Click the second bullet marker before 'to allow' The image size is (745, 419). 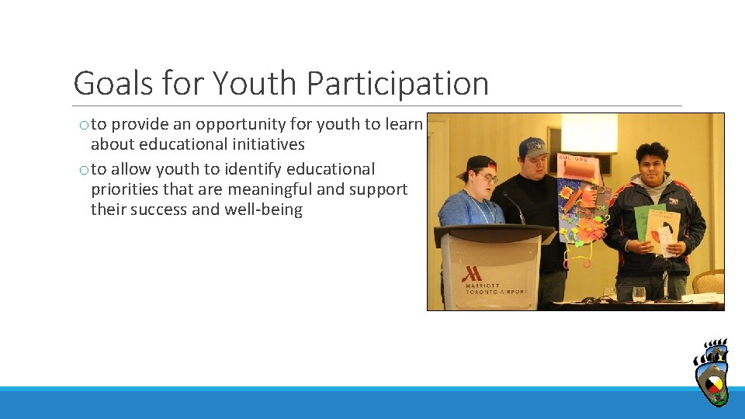[x=82, y=170]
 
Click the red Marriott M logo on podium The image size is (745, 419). [x=471, y=274]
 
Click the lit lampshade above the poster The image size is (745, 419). [x=589, y=133]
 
